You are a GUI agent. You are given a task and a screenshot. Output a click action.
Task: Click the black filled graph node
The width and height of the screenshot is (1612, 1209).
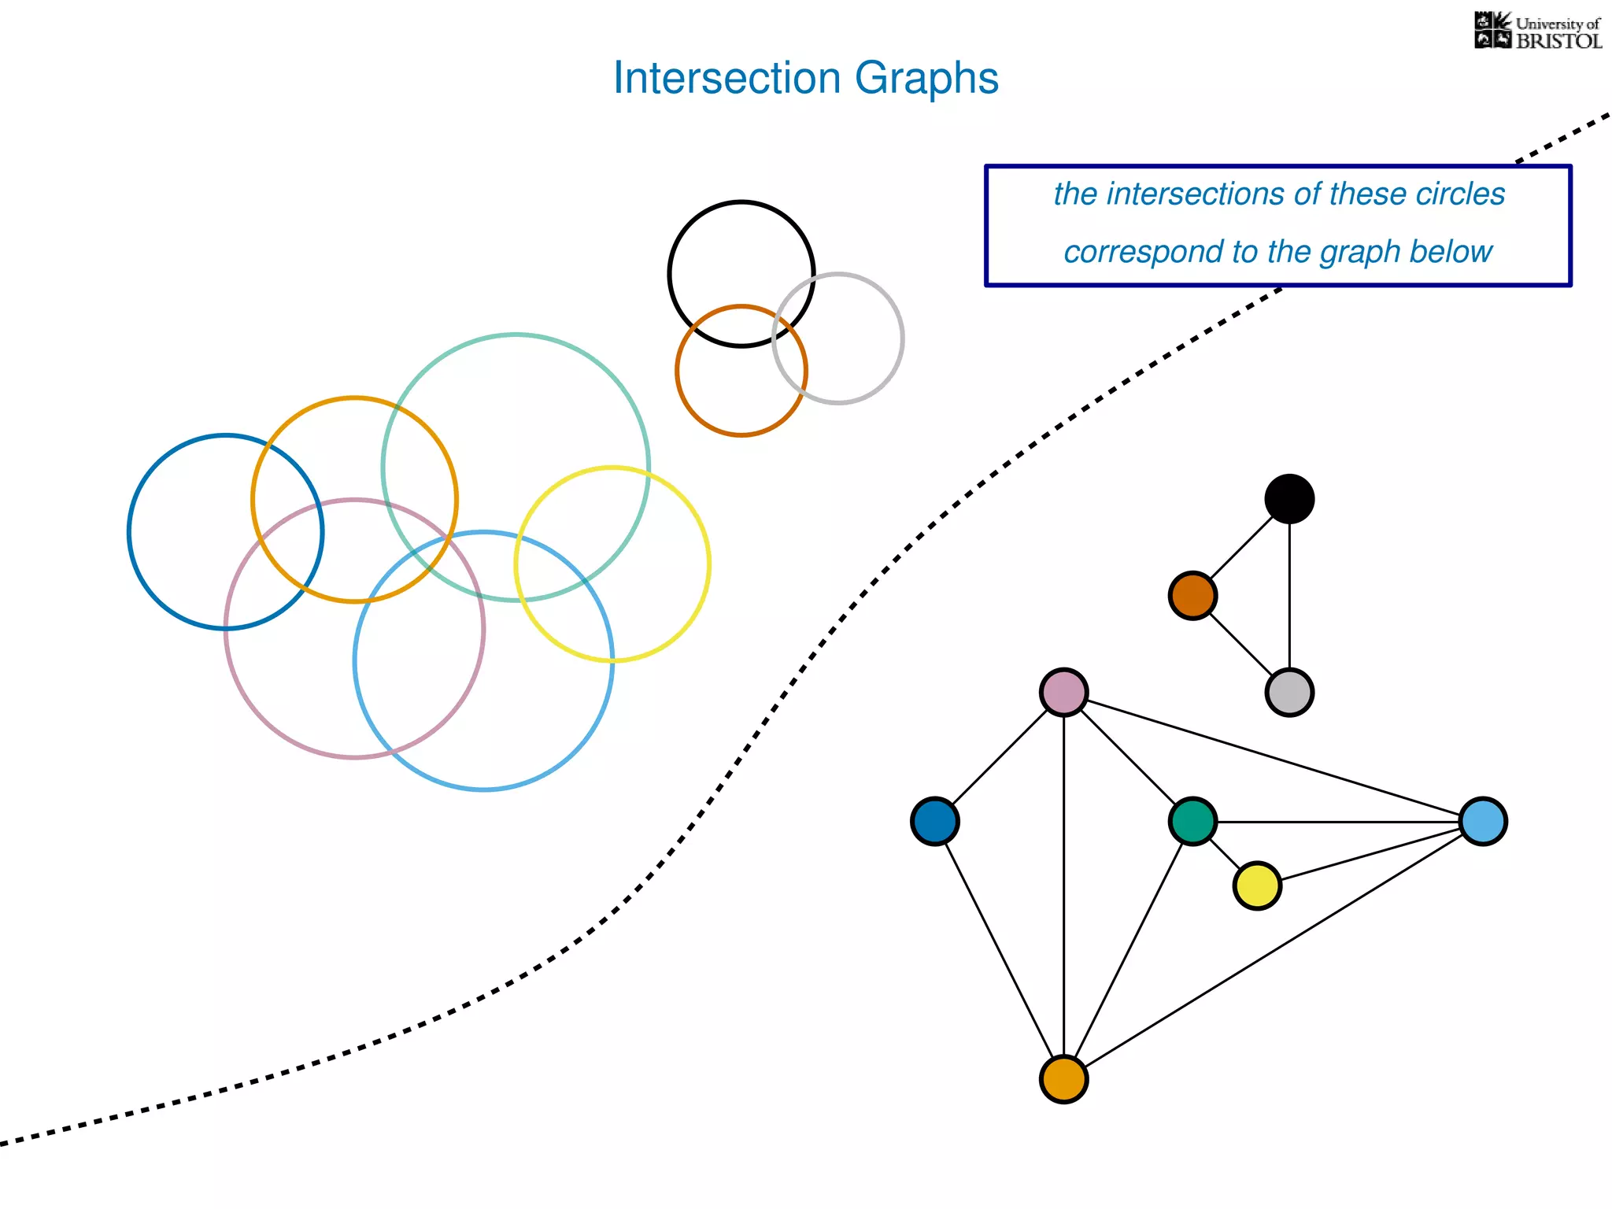(1289, 499)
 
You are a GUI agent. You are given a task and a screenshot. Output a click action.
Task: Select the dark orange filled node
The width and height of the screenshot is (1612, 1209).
(1192, 596)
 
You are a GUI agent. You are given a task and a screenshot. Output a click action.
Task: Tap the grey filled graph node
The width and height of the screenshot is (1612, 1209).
(1289, 693)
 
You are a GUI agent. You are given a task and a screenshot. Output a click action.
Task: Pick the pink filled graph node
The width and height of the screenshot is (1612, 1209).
(1063, 693)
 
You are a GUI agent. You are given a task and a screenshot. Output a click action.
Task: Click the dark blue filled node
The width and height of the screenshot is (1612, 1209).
(934, 822)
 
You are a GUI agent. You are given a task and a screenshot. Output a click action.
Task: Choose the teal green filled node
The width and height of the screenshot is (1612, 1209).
(1192, 822)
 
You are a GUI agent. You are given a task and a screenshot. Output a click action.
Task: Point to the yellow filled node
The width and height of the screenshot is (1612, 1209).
(1257, 886)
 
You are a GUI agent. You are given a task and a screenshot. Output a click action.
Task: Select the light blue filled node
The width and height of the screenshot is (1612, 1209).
(1483, 822)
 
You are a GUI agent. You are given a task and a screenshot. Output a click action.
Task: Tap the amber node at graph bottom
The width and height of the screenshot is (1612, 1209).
(1063, 1079)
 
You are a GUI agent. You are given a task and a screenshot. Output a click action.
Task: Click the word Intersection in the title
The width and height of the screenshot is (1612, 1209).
(727, 78)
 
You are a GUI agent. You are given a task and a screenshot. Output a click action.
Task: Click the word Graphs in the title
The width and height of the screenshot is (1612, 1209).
(926, 78)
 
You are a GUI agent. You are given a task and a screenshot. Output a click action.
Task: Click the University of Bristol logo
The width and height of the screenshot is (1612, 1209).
(1537, 31)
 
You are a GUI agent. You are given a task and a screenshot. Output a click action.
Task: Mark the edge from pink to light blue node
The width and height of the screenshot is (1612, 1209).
(1274, 757)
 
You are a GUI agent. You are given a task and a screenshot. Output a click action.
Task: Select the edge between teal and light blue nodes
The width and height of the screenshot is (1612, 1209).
(1338, 822)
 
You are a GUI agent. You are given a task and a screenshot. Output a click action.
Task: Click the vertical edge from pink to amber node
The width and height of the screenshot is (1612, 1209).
(1063, 885)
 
